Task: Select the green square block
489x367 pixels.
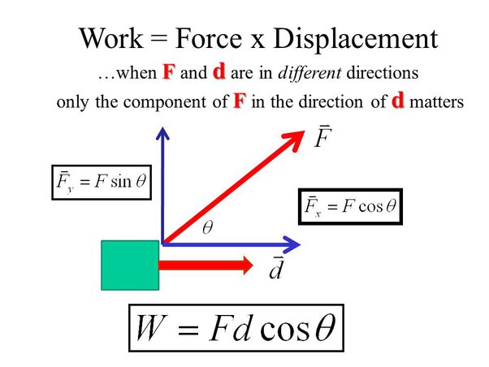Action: click(129, 266)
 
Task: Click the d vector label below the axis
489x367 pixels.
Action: click(277, 267)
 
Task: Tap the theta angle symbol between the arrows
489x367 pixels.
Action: click(206, 230)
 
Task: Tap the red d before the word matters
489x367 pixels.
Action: click(397, 102)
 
